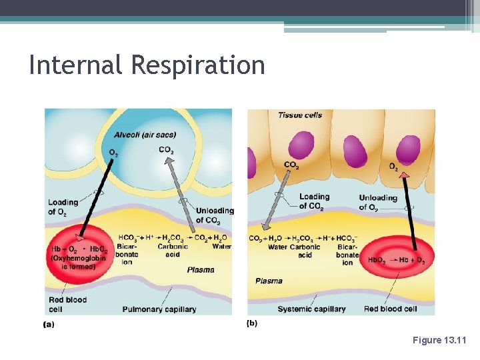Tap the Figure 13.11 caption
pyautogui.click(x=440, y=341)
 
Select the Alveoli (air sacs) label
pyautogui.click(x=145, y=135)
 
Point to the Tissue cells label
pyautogui.click(x=299, y=115)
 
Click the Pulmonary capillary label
pyautogui.click(x=159, y=309)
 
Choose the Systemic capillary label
pyautogui.click(x=311, y=309)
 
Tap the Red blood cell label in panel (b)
pyautogui.click(x=391, y=309)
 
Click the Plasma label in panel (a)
pyautogui.click(x=201, y=270)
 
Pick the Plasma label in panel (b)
pyautogui.click(x=269, y=281)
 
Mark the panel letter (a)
pyautogui.click(x=49, y=325)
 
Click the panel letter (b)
pyautogui.click(x=252, y=323)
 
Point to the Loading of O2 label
pyautogui.click(x=63, y=207)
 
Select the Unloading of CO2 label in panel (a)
pyautogui.click(x=215, y=215)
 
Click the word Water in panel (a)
pyautogui.click(x=221, y=247)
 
